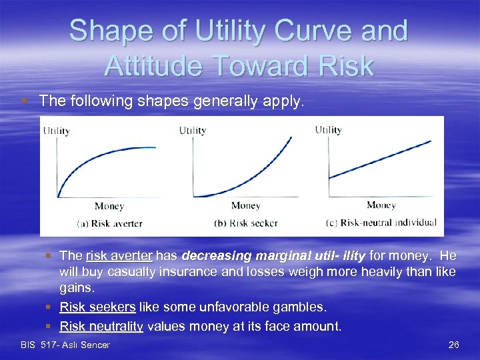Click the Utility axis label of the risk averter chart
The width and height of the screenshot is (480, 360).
coord(56,131)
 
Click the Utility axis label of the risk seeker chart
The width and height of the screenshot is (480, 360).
coord(192,131)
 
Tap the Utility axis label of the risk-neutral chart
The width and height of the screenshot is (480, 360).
coord(328,129)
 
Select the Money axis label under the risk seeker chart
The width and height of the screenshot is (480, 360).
coord(245,206)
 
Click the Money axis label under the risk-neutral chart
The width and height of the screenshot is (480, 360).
coord(381,205)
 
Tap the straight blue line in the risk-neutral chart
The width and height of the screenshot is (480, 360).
coord(380,159)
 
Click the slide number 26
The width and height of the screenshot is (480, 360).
coord(453,345)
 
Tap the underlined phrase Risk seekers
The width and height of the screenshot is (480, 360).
coord(97,307)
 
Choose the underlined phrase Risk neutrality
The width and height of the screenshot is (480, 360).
coord(101,326)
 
